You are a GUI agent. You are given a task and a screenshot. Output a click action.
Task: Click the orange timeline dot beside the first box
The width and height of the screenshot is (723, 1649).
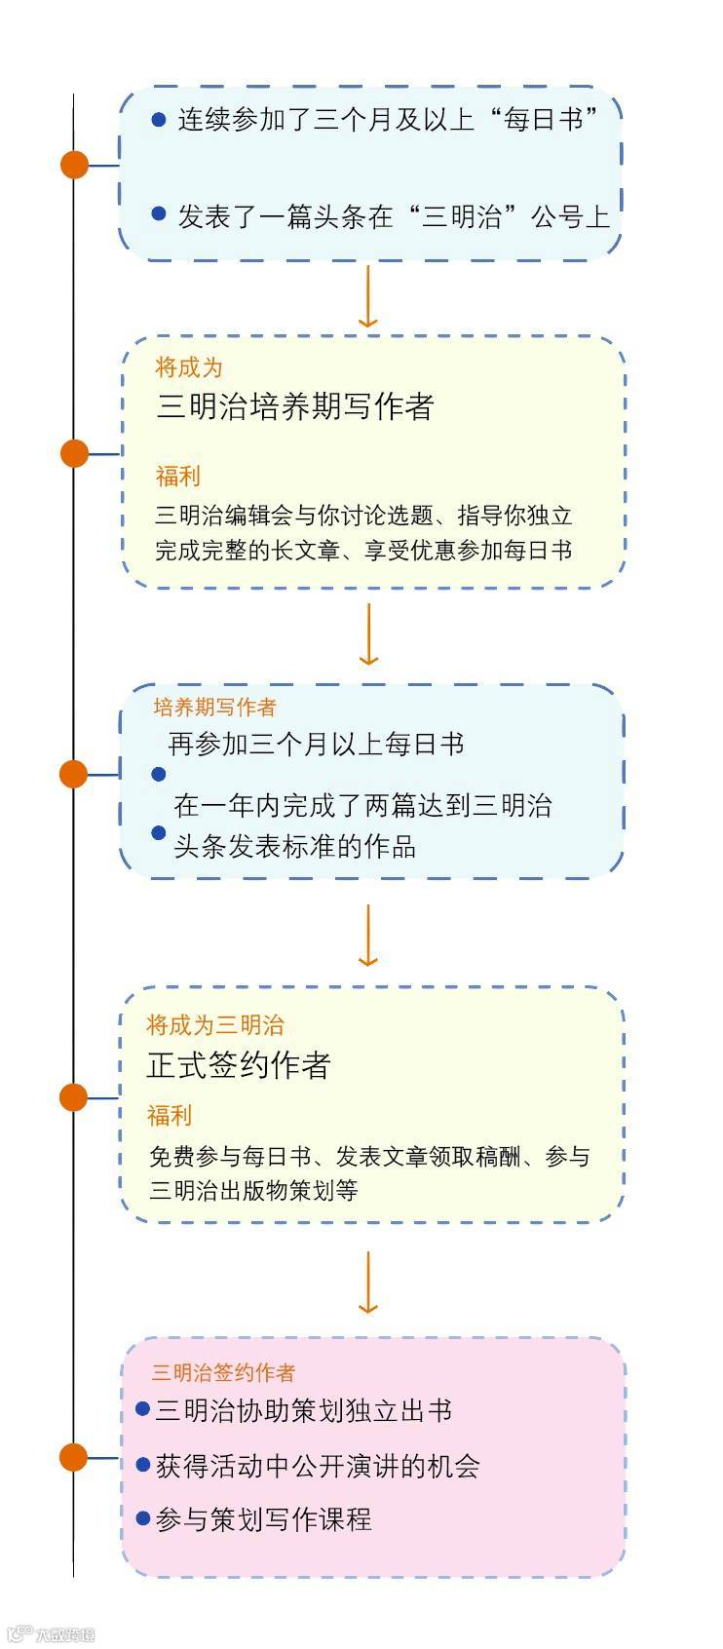point(74,165)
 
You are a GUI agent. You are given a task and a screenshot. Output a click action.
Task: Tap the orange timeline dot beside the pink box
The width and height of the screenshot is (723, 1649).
point(74,1457)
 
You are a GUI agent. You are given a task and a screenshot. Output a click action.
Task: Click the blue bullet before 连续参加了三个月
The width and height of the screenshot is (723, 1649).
point(159,119)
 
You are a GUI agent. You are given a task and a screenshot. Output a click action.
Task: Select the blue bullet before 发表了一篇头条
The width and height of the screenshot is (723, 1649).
point(159,213)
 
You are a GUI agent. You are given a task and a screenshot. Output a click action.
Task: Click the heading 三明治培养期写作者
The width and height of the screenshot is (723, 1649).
point(294,406)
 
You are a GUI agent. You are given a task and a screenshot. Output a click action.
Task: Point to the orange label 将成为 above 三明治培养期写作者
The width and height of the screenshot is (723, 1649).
point(189,367)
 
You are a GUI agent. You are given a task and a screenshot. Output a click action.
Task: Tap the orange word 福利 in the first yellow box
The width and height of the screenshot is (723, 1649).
point(177,476)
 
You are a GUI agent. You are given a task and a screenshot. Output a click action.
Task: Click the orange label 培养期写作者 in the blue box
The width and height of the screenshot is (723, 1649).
point(214,707)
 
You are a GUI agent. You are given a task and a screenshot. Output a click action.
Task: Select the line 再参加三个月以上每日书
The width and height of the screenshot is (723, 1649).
point(316,745)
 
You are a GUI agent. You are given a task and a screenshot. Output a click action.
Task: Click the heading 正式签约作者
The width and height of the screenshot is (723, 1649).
point(239,1065)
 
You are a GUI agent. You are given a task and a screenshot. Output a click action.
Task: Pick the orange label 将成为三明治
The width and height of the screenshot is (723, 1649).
point(215,1024)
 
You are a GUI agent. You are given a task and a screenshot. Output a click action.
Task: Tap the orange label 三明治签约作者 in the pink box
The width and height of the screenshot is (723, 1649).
point(223,1372)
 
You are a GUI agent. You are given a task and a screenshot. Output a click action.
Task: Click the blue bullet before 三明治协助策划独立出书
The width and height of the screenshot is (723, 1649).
point(143,1409)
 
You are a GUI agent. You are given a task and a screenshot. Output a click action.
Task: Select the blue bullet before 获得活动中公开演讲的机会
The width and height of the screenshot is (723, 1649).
point(143,1464)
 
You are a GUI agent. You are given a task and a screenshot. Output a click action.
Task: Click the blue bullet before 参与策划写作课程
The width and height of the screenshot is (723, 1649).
point(143,1518)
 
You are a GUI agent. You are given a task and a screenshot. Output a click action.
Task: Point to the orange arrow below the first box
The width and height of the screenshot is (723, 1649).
point(367,296)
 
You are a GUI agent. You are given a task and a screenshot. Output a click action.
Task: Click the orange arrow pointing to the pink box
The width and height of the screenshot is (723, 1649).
point(367,1283)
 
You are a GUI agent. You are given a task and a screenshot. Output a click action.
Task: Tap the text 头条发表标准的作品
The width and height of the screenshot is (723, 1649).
point(294,846)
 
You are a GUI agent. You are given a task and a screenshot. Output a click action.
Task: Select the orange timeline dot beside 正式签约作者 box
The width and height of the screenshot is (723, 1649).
point(74,1097)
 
